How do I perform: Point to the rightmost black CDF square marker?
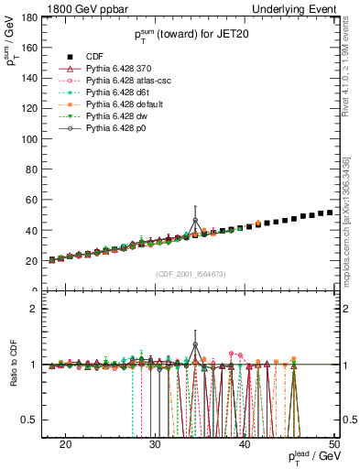pos(330,213)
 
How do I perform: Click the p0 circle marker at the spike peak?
pos(195,220)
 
